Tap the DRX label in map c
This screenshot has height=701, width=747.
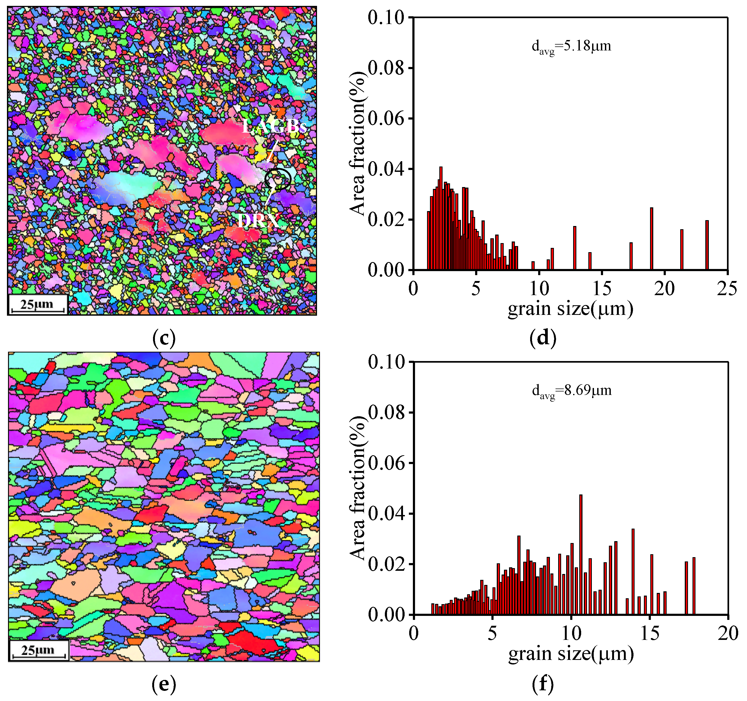pos(259,221)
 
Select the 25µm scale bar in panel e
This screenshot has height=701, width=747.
pos(38,651)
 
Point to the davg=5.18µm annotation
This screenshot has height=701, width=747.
pos(571,46)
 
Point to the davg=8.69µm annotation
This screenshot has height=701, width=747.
pos(572,391)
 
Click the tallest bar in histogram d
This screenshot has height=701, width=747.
pos(441,218)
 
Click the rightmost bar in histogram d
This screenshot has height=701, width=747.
pos(707,245)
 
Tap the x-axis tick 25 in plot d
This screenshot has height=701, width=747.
pos(727,289)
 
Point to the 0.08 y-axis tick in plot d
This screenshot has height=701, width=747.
pos(386,68)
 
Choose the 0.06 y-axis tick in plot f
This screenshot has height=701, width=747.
pos(386,463)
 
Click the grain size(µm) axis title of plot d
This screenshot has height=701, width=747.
pos(570,309)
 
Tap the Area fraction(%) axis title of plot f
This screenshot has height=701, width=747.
pos(357,488)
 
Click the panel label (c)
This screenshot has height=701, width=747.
pos(164,338)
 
